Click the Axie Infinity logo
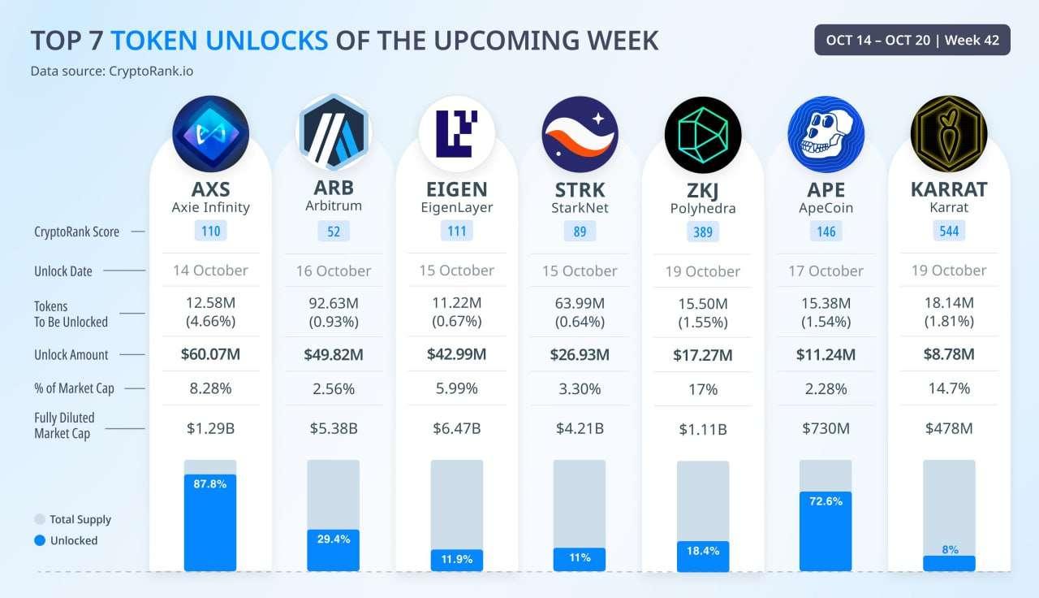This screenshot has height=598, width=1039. click(x=210, y=134)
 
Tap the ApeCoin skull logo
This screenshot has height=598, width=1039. click(x=826, y=134)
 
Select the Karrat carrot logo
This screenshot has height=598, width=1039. click(x=948, y=134)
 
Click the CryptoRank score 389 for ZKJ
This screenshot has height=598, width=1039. click(x=703, y=232)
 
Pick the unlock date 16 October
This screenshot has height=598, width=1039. click(x=333, y=271)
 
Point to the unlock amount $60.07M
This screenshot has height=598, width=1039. click(x=210, y=354)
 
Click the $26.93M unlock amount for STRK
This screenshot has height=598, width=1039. click(x=580, y=354)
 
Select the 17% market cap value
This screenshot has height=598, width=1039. click(x=703, y=389)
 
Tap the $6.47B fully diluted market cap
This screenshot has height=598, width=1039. click(x=456, y=427)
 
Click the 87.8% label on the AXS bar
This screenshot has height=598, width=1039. click(x=210, y=483)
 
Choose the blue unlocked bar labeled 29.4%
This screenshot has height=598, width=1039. click(x=333, y=550)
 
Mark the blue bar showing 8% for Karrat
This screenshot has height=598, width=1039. click(x=949, y=562)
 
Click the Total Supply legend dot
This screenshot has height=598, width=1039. click(x=39, y=519)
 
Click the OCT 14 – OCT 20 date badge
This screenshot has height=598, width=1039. click(x=912, y=40)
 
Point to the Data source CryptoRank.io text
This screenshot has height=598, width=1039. click(x=112, y=71)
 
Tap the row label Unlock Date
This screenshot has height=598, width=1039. click(x=63, y=271)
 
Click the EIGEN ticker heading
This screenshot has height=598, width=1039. click(x=456, y=189)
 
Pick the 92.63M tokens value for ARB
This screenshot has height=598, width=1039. click(x=333, y=303)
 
